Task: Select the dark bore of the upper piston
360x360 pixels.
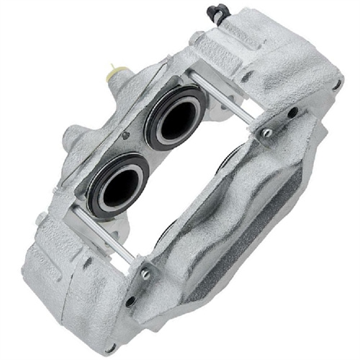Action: click(177, 118)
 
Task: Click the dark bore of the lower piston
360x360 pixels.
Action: click(117, 188)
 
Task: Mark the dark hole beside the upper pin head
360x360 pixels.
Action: click(292, 112)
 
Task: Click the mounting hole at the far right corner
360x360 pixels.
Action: click(336, 84)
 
